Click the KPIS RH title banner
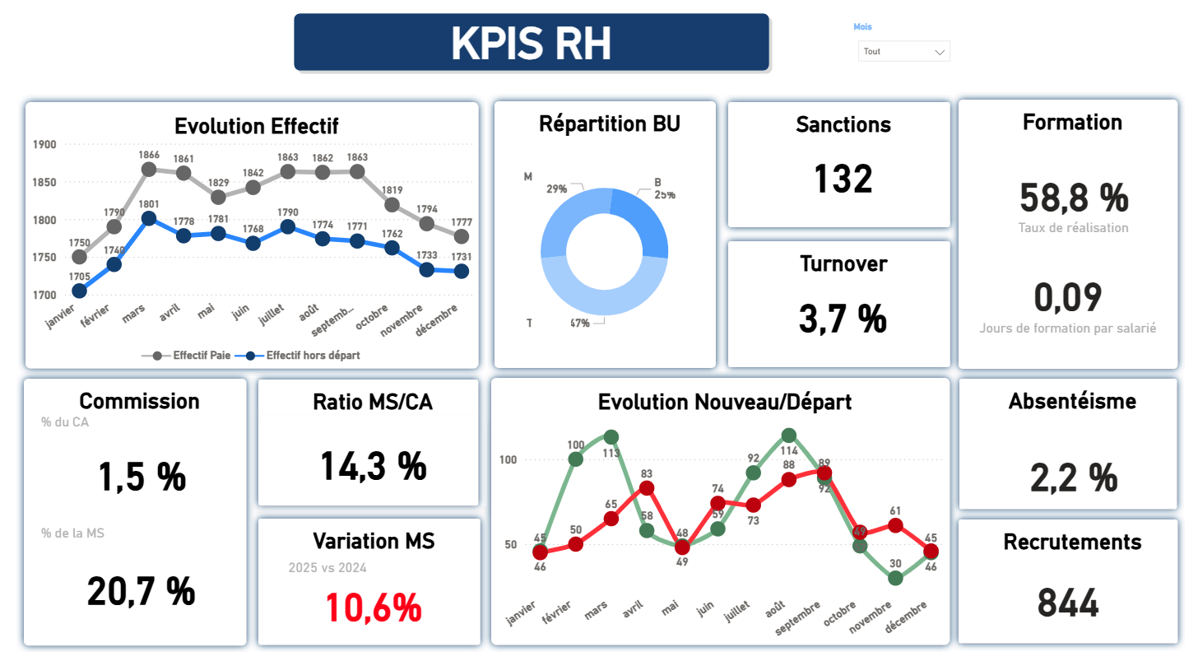click(531, 42)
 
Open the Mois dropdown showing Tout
click(903, 51)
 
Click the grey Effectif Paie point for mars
click(149, 170)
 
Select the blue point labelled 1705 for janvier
click(79, 291)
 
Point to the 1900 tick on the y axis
click(44, 145)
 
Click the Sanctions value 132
click(843, 179)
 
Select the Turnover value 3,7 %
click(843, 319)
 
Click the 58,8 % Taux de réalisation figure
click(1073, 198)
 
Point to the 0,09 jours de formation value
click(1067, 297)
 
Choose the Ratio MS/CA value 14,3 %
click(373, 466)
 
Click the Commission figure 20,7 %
click(142, 591)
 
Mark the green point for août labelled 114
click(789, 435)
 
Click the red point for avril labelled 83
click(647, 488)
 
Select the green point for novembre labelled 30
click(896, 578)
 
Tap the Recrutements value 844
click(1068, 603)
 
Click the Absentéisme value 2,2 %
click(1073, 477)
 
